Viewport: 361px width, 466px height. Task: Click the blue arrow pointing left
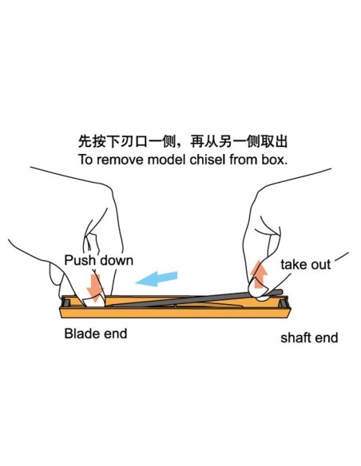[157, 278]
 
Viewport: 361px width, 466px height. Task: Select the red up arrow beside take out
[259, 274]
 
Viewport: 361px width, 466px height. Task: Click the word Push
[79, 261]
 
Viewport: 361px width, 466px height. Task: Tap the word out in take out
[320, 264]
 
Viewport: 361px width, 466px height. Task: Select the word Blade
[81, 333]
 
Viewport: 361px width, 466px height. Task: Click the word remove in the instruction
[115, 159]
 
